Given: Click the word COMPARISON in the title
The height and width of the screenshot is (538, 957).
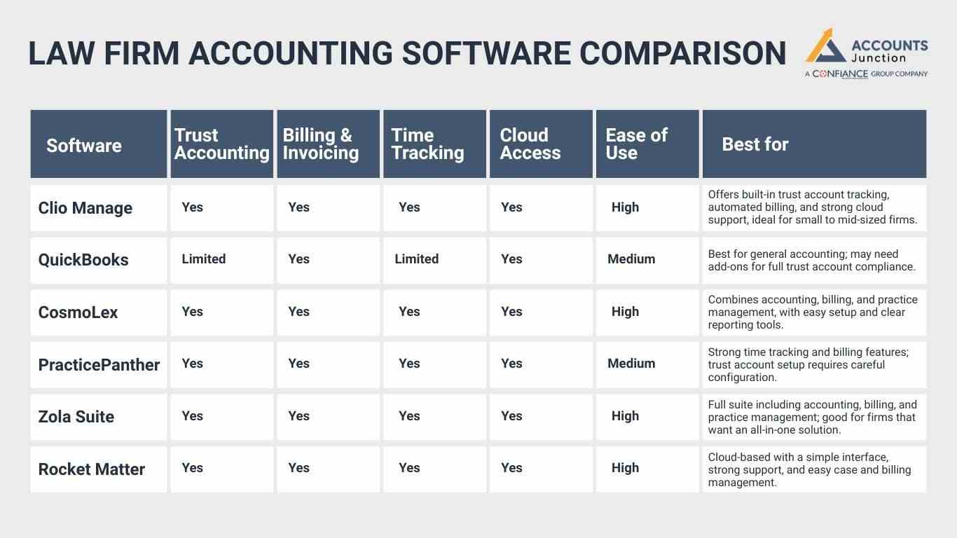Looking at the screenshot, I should click(684, 54).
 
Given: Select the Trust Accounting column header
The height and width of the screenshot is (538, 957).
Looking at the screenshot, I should click(221, 144).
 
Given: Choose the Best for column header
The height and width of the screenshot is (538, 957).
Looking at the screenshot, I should click(755, 144).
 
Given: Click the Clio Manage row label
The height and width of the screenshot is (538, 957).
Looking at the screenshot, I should click(85, 208).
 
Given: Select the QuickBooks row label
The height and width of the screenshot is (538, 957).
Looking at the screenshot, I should click(83, 260).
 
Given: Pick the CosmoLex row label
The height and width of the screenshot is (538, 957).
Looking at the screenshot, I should click(78, 312).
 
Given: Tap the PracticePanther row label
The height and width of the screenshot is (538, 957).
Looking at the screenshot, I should click(99, 365).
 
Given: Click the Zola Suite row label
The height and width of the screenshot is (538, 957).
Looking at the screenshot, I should click(76, 417).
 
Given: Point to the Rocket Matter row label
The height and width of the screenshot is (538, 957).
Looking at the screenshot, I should click(91, 469).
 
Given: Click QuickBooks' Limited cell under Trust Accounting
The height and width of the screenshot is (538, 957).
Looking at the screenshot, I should click(203, 259).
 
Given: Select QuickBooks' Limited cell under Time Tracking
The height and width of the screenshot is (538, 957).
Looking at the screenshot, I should click(416, 259).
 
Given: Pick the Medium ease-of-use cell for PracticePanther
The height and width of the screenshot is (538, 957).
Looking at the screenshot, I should click(631, 364).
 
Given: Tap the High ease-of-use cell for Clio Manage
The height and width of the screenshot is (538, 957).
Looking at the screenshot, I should click(625, 207).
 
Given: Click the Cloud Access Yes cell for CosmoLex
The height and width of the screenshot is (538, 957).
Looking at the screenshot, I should click(511, 312).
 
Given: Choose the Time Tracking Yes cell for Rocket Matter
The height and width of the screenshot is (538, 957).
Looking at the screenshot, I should click(409, 468).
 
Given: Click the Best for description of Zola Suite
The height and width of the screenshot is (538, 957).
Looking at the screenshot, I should click(812, 417).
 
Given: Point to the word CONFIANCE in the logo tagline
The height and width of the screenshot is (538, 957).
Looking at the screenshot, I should click(840, 74).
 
